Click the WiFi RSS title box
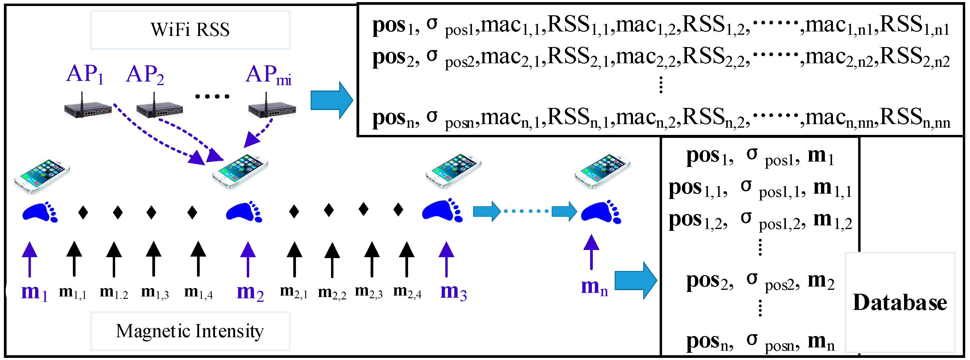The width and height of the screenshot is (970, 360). (190, 30)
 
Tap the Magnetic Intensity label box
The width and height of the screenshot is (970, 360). (190, 331)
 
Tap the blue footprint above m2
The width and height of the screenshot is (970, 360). (244, 212)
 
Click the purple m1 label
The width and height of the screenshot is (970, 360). (34, 292)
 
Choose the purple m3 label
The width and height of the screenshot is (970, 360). (453, 292)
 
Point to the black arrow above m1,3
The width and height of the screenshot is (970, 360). (154, 259)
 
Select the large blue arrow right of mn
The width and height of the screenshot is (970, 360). (636, 281)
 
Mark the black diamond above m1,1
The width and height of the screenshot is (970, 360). (83, 213)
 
